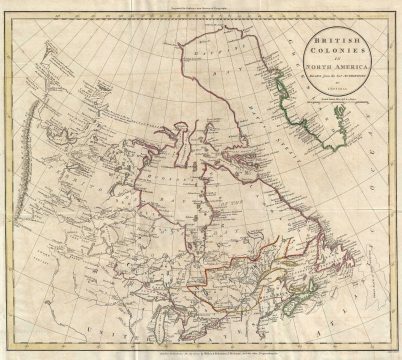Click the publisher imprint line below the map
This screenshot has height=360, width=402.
[201, 353]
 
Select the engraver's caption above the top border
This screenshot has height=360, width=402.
[201, 8]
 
